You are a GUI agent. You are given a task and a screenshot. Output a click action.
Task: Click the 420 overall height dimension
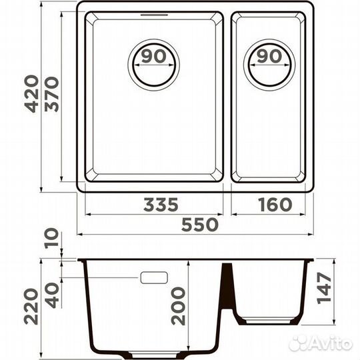(31, 94)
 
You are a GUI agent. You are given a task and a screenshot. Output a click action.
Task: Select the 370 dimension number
(51, 94)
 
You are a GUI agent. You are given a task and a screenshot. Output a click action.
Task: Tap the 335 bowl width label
(161, 205)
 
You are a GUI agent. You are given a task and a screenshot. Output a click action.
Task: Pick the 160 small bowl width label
(275, 205)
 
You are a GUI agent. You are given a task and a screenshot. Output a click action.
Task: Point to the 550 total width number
(200, 225)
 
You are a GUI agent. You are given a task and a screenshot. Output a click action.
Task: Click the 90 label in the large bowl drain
(153, 56)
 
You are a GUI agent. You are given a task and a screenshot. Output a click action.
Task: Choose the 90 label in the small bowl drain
(269, 56)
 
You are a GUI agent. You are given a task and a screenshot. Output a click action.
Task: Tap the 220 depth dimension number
(31, 307)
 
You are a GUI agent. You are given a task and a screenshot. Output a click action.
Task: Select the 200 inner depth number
(178, 307)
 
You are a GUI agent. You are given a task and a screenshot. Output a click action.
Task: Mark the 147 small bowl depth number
(324, 288)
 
